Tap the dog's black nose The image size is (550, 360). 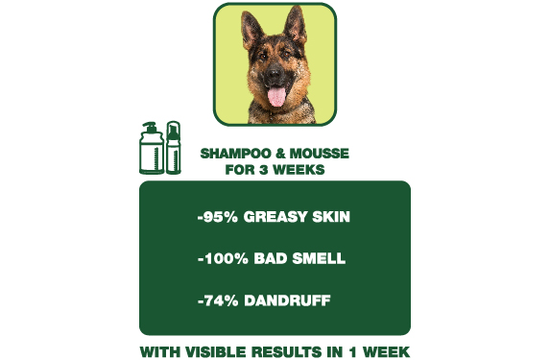(x=275, y=75)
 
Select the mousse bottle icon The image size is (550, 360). (x=173, y=148)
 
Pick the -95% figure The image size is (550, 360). (x=218, y=217)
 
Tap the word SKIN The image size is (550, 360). (x=333, y=217)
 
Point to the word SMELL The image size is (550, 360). (x=320, y=259)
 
